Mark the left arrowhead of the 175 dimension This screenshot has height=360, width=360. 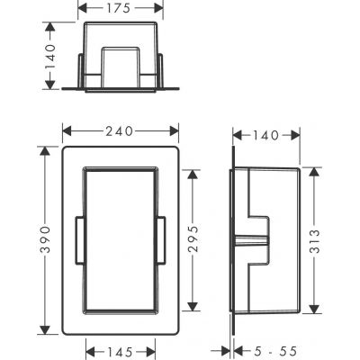[x=81, y=8]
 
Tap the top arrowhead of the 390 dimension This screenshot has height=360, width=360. [x=40, y=143]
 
